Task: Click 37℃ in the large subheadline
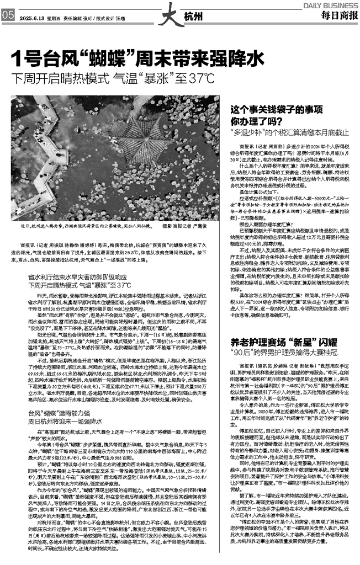click(x=197, y=78)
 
